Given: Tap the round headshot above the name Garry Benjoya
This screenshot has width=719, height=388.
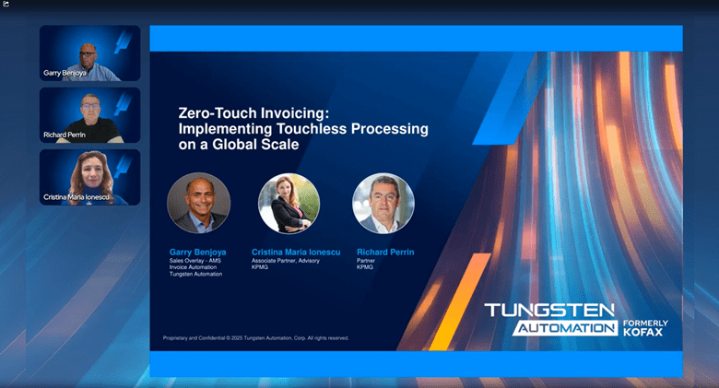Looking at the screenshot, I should (198, 203).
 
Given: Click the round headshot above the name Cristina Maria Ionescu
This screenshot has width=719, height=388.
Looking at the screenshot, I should (289, 203).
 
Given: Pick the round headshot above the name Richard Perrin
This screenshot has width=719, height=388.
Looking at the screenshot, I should (383, 203).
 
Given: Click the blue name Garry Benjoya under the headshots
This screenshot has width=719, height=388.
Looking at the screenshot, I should (198, 252).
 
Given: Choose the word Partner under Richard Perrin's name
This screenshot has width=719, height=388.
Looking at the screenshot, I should (366, 261).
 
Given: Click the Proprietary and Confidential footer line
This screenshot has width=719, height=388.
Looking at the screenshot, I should (255, 338).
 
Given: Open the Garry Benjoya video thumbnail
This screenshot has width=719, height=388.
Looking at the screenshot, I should (89, 53).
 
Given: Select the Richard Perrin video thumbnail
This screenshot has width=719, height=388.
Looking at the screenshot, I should (89, 115).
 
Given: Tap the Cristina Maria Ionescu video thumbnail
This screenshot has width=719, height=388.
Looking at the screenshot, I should (89, 177).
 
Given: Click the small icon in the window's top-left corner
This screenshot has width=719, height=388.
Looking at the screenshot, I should (6, 4).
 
